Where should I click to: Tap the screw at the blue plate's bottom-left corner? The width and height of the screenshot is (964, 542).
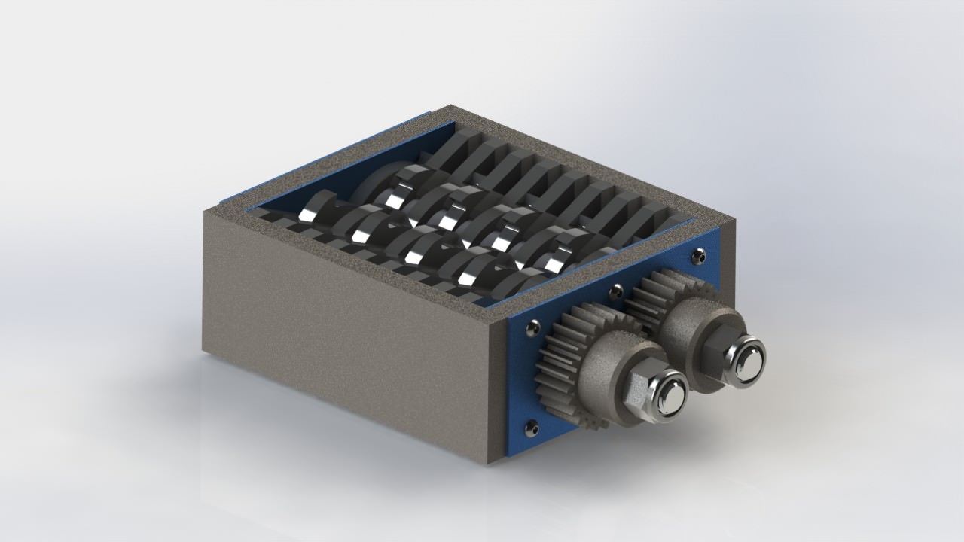coord(534,427)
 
